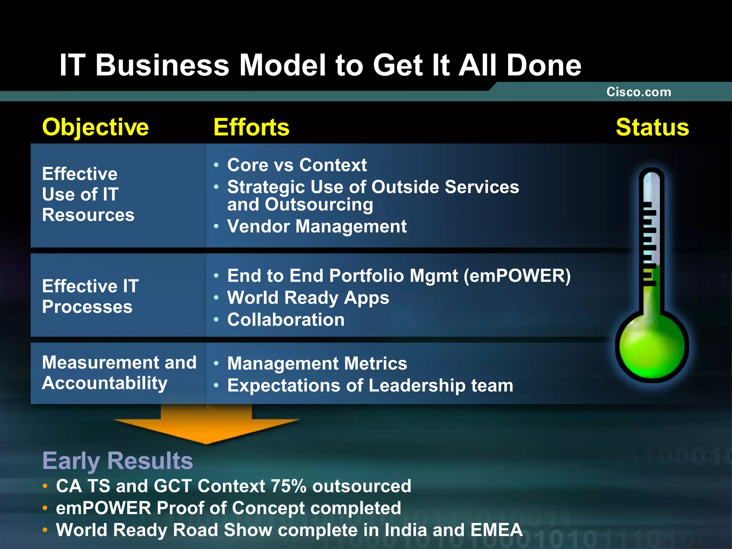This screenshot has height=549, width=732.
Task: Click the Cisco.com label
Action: (x=639, y=92)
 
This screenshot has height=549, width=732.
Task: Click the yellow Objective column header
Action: (x=95, y=127)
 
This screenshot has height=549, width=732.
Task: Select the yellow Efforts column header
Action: (x=251, y=127)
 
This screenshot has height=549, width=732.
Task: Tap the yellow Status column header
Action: (x=652, y=127)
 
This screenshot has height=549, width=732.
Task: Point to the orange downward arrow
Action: (x=206, y=425)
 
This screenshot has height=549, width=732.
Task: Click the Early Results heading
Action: (x=118, y=460)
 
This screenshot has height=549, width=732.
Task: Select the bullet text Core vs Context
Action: (x=297, y=165)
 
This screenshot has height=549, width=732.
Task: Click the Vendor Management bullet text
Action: (x=317, y=226)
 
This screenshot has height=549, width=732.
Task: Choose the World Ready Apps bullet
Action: (x=308, y=298)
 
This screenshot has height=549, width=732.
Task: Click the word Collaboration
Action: (x=286, y=320)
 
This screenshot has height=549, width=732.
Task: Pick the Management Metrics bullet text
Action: (x=317, y=363)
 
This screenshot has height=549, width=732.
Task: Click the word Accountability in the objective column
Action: (x=105, y=383)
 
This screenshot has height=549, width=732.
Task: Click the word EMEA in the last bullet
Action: (x=496, y=530)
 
